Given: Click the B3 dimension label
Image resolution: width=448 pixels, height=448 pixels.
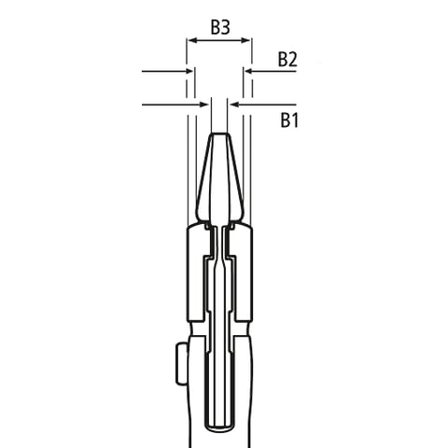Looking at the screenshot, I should click(x=219, y=27).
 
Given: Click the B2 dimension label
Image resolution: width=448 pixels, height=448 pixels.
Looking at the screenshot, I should click(x=287, y=59).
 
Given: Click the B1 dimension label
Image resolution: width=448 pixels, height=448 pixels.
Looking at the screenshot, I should click(x=288, y=119).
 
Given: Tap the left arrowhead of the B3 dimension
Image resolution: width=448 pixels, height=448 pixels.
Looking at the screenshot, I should click(x=192, y=41).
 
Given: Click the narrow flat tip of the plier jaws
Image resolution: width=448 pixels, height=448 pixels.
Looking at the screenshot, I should click(x=219, y=137).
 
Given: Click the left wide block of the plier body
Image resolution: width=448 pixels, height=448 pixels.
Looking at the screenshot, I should click(x=197, y=271).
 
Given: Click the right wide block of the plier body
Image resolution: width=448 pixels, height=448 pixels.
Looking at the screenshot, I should click(x=242, y=271).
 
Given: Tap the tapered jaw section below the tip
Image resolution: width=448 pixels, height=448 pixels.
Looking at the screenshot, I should click(x=219, y=182).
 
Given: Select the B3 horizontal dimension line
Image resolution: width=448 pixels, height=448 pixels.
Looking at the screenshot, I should click(x=219, y=41).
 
